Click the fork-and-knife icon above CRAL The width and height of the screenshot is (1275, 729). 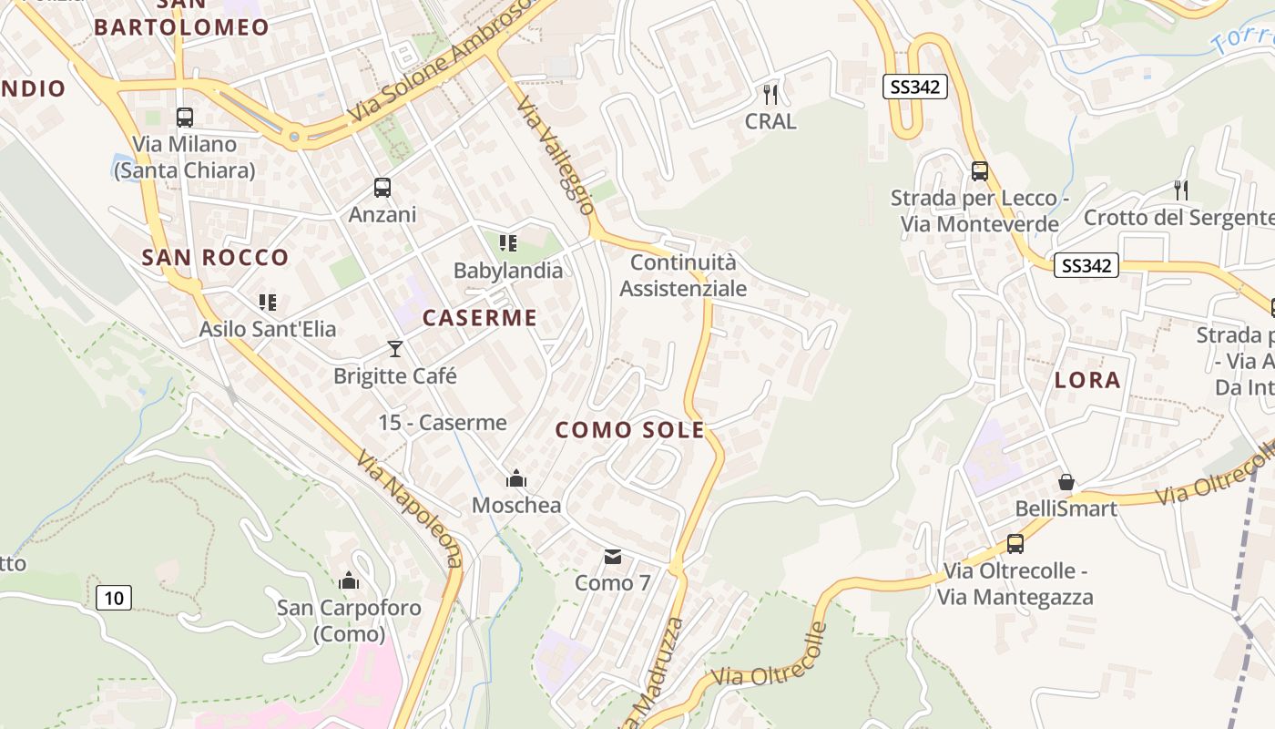[x=770, y=93]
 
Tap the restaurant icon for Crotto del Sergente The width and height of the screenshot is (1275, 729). [x=1181, y=190]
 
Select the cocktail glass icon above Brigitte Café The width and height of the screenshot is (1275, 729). [x=394, y=348]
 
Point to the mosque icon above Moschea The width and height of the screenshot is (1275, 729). [x=516, y=478]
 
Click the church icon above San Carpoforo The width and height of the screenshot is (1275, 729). [x=349, y=580]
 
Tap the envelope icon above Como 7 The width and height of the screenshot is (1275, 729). [x=613, y=556]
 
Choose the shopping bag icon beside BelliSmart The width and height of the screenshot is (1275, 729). [x=1066, y=482]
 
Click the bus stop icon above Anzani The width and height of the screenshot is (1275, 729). [x=382, y=188]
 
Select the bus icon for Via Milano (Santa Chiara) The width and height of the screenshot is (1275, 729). [x=184, y=118]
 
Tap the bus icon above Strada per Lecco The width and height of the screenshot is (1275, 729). [x=979, y=171]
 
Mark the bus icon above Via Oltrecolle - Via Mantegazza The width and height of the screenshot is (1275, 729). [x=1015, y=544]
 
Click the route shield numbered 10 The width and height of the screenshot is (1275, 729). [x=113, y=598]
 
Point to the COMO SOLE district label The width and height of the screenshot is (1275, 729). [x=630, y=430]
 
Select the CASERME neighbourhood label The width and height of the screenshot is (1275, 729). [x=480, y=318]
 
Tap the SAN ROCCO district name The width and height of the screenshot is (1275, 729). [x=215, y=258]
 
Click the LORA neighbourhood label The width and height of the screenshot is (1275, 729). [x=1087, y=380]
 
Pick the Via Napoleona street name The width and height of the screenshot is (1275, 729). [x=410, y=508]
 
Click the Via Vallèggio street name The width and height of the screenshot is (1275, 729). [x=555, y=157]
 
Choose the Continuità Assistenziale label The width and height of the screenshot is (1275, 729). [x=683, y=275]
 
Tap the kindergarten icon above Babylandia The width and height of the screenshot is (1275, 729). [x=508, y=243]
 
